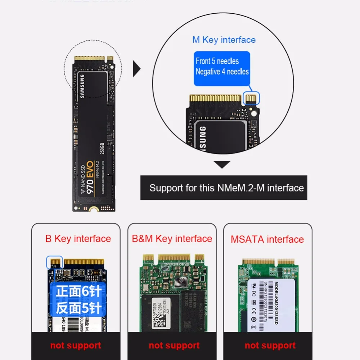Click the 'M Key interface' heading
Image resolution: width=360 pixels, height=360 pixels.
click(x=224, y=40)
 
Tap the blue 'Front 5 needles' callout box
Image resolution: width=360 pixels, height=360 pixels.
click(x=222, y=67)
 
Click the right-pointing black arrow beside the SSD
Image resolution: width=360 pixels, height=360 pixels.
click(x=137, y=68)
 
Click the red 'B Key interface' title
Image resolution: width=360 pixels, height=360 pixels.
click(x=78, y=239)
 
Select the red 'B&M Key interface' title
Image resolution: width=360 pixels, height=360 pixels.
click(x=172, y=239)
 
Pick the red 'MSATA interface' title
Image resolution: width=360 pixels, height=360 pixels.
click(x=267, y=239)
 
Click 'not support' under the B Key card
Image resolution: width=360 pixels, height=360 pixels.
click(x=76, y=346)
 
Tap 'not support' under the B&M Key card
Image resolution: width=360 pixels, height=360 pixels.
click(x=174, y=346)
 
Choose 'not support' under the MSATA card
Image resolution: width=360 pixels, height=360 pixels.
click(x=270, y=346)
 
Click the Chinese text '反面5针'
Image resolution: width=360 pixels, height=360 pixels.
click(x=78, y=308)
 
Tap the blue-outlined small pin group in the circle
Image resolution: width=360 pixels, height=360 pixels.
click(x=252, y=98)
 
